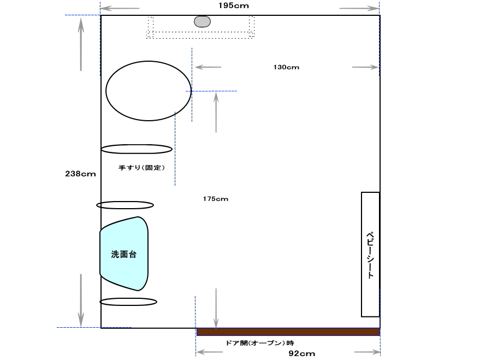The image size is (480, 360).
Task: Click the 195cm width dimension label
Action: click(234, 5)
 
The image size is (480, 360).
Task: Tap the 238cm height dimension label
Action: click(80, 174)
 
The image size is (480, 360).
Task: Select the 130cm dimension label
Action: click(286, 67)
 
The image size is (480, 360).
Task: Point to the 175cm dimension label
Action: click(216, 199)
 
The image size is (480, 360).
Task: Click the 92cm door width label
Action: click(302, 353)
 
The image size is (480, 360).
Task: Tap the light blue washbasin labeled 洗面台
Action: click(124, 254)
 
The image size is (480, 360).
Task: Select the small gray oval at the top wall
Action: click(203, 21)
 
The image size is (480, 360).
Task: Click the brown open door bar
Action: click(288, 332)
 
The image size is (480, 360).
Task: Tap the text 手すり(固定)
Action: click(142, 168)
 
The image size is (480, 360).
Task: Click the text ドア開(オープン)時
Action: click(260, 343)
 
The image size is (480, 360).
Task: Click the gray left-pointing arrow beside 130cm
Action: click(208, 67)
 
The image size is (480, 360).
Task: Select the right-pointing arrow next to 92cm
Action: click(367, 352)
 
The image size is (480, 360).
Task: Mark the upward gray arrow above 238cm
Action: click(81, 44)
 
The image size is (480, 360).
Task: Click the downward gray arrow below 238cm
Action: click(81, 300)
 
